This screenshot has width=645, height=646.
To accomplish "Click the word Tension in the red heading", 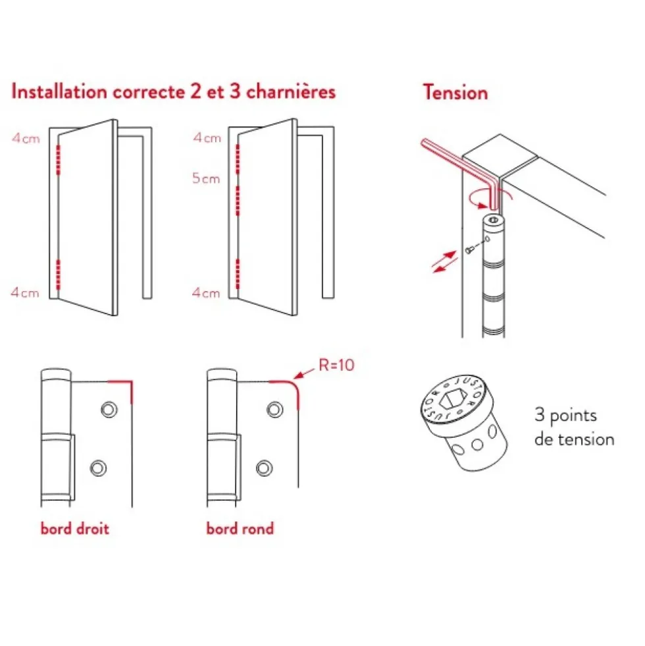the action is pyautogui.click(x=455, y=92).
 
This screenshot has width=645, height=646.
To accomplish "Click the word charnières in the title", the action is pyautogui.click(x=291, y=92).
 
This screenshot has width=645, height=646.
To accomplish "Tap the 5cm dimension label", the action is pyautogui.click(x=206, y=178).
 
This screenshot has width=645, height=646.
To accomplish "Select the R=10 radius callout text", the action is pyautogui.click(x=336, y=365).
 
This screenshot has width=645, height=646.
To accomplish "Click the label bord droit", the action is pyautogui.click(x=75, y=529).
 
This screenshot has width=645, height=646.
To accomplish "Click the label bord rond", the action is pyautogui.click(x=240, y=529).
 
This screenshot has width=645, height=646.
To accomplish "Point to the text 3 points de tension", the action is pyautogui.click(x=574, y=427).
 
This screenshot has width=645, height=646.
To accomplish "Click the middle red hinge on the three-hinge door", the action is pyautogui.click(x=238, y=201).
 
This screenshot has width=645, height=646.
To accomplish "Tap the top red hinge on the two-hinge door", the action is pyautogui.click(x=58, y=160).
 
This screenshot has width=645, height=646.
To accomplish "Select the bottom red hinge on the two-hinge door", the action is pyautogui.click(x=58, y=275).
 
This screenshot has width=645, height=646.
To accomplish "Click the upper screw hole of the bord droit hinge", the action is pyautogui.click(x=109, y=410).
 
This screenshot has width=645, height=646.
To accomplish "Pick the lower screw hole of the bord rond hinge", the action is pyautogui.click(x=264, y=468).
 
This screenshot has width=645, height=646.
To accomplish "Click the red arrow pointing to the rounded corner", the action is pyautogui.click(x=304, y=373).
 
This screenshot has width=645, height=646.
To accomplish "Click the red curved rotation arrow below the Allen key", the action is pyautogui.click(x=478, y=203).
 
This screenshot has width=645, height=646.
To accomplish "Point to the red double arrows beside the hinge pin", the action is pyautogui.click(x=444, y=262).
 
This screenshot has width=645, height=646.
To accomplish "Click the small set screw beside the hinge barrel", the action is pyautogui.click(x=469, y=250).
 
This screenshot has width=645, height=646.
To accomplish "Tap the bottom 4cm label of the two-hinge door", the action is pyautogui.click(x=25, y=293).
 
